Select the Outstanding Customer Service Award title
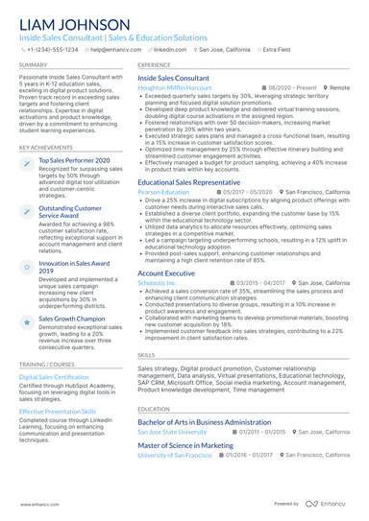(71, 211)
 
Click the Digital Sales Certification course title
(54, 377)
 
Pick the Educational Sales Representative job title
(188, 181)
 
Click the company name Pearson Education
(163, 192)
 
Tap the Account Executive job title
(166, 273)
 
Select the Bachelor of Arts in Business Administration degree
(204, 421)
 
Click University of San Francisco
(175, 455)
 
